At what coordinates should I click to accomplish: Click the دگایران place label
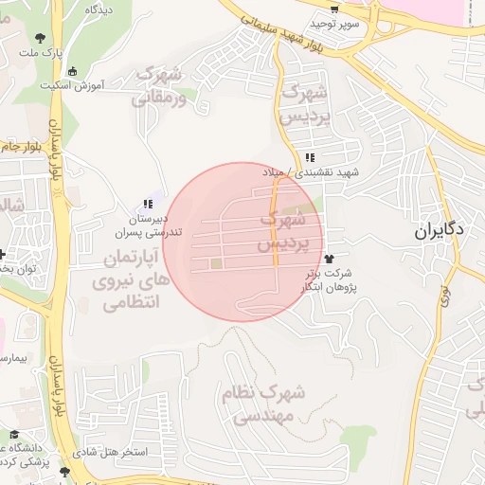(x=438, y=231)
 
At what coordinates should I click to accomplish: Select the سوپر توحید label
(x=340, y=23)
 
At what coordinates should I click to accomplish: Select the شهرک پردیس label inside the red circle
(x=281, y=231)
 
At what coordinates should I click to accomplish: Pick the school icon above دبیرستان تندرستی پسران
(x=147, y=204)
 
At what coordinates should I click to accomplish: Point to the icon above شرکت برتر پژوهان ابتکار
(x=329, y=259)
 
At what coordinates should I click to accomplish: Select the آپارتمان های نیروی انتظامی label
(x=130, y=280)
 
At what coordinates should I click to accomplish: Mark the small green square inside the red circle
(x=216, y=263)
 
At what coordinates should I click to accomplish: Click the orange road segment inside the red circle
(x=275, y=227)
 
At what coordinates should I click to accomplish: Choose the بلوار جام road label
(x=22, y=147)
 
